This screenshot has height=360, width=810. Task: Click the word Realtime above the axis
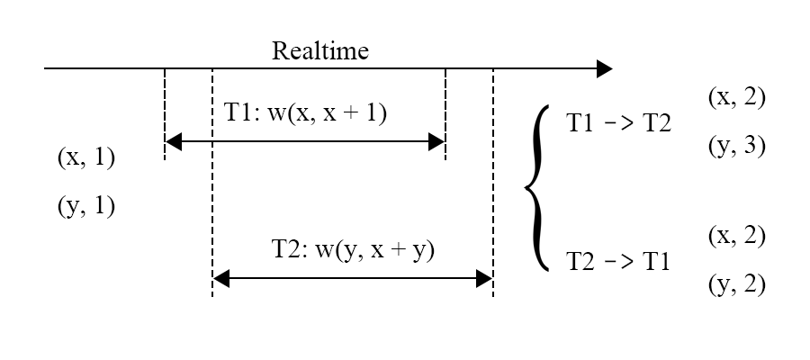coord(320,50)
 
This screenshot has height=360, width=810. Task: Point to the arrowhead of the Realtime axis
coord(605,68)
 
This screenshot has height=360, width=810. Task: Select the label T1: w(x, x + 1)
coord(305,112)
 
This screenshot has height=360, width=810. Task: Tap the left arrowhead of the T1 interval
coord(173,141)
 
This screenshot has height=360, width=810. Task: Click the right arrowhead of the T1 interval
coord(436,141)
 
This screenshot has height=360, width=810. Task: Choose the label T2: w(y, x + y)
coord(354,250)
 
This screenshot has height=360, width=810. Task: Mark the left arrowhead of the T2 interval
coord(221,278)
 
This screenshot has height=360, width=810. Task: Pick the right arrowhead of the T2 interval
coord(484,278)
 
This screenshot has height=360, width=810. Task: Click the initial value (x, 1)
coord(86,157)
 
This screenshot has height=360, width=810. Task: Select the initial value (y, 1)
coord(86,206)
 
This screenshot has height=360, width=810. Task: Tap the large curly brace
coord(537,187)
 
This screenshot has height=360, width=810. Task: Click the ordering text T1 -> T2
coord(618,123)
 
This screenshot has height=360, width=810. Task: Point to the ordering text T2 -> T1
coord(618,261)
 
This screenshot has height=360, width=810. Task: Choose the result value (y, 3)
coord(736,145)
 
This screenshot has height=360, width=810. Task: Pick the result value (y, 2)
coord(736,284)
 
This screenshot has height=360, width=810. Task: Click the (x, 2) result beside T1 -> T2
coord(736,97)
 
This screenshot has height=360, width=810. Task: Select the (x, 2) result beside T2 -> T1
coord(736,236)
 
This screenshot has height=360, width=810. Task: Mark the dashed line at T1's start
coord(165,113)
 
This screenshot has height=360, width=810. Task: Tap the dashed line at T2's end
coord(493,183)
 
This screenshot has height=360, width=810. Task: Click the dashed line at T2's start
coord(212,183)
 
